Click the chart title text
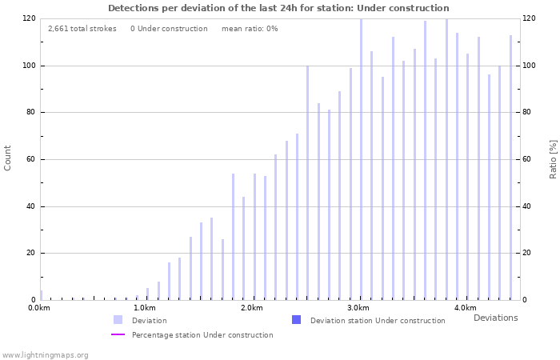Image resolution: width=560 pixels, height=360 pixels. [x=278, y=8]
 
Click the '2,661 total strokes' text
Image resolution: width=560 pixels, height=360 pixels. [x=82, y=29]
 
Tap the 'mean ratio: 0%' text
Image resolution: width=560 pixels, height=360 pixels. [x=250, y=29]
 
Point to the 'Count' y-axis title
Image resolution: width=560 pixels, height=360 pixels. [x=8, y=158]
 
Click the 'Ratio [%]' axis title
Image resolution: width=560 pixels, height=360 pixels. [x=553, y=158]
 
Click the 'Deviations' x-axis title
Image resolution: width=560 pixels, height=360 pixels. [x=495, y=318]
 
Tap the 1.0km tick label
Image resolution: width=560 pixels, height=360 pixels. [x=145, y=308]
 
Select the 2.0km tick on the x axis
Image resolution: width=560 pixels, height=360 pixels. [x=252, y=308]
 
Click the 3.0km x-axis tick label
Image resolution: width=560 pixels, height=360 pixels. [x=358, y=308]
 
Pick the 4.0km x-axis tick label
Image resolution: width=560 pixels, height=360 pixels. [x=465, y=308]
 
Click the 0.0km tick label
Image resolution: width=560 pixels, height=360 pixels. [x=39, y=308]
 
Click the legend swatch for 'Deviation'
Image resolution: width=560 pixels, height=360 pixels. [x=118, y=320]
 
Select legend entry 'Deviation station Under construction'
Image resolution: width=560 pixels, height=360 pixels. [x=378, y=321]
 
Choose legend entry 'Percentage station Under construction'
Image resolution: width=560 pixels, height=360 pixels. [x=202, y=335]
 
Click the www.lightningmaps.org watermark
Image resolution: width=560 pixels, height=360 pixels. [x=45, y=354]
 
